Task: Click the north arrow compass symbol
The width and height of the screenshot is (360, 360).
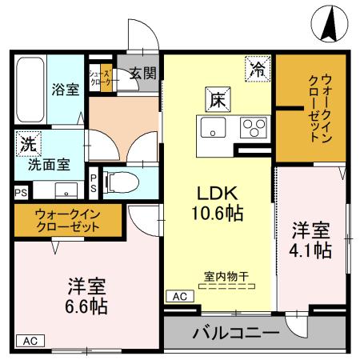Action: tap(328, 23)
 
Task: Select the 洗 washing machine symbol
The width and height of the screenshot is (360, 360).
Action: tap(28, 146)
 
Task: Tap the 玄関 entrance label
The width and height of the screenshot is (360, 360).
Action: tap(143, 73)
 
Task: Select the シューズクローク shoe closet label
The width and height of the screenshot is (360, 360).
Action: tap(102, 77)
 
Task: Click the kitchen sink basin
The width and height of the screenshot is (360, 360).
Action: tap(214, 127)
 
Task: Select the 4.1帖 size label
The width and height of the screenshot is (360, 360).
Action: tap(312, 250)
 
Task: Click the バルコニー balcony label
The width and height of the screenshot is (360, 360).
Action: tap(235, 332)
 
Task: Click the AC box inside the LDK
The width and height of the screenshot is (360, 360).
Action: tap(178, 296)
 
